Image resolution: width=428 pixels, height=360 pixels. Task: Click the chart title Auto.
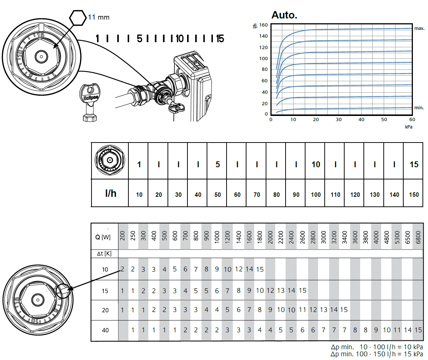(x=284, y=15)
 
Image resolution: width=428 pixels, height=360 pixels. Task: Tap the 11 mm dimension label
(x=99, y=17)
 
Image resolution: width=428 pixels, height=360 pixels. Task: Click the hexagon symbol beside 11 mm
(x=77, y=17)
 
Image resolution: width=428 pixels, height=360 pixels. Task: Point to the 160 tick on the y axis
(x=263, y=25)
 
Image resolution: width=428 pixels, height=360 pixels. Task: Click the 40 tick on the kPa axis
(x=361, y=120)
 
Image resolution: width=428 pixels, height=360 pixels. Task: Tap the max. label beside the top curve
(x=419, y=28)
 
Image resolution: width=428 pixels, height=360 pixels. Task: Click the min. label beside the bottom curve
(x=419, y=108)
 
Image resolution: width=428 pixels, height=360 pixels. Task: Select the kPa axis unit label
(x=408, y=127)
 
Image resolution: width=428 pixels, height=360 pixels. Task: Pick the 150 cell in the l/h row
(x=414, y=195)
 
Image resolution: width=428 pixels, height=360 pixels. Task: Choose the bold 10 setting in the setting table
(x=315, y=164)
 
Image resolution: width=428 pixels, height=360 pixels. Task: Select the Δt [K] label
(x=104, y=254)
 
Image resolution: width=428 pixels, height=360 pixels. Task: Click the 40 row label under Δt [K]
(x=105, y=330)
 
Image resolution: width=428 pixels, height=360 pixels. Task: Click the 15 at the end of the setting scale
(x=220, y=38)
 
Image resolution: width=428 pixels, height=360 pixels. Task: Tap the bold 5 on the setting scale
(x=139, y=38)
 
